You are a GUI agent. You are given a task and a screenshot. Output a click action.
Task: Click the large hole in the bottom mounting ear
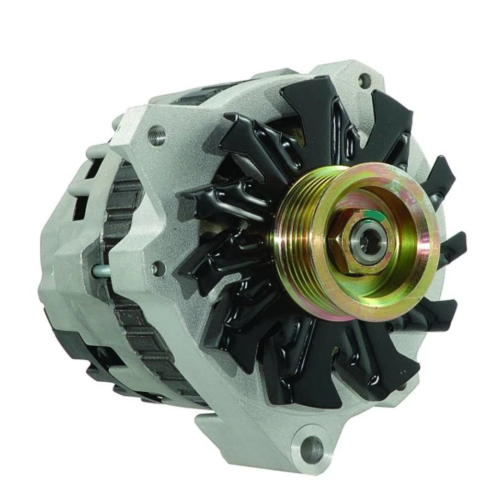click(x=312, y=449)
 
